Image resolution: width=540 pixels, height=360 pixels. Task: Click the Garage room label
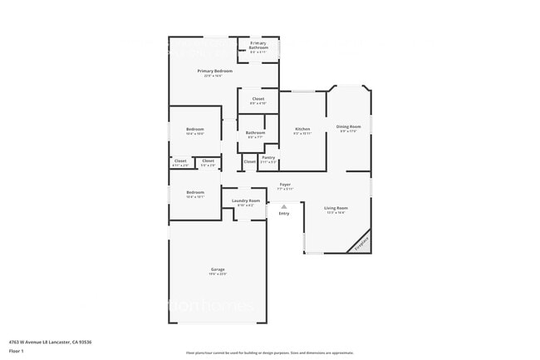coord(218,270)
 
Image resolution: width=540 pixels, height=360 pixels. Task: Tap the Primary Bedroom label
coord(214,72)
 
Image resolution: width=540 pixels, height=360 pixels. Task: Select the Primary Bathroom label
coord(258,47)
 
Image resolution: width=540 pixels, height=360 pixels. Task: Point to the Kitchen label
coord(302,131)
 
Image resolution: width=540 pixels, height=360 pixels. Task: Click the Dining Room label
coord(349,128)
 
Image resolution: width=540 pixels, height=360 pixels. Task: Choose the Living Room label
coord(336,209)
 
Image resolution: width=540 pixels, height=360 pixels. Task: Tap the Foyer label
coord(285,185)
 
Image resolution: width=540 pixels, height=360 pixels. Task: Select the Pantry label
coord(268,158)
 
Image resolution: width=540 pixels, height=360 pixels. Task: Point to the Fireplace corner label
coord(360,242)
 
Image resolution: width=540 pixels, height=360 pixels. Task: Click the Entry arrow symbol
coord(284,206)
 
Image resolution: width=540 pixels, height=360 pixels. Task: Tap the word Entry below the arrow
coord(284,214)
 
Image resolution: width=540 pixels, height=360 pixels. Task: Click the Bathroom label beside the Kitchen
coord(255,134)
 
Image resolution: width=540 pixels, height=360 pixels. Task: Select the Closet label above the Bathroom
coord(258,101)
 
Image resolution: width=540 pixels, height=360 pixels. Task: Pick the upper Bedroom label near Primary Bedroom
coord(195,131)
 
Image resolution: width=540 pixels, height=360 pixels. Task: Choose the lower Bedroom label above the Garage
coord(195,194)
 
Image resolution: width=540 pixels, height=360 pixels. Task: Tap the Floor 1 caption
coord(17,352)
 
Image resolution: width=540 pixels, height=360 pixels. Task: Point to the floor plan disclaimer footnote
coord(269,353)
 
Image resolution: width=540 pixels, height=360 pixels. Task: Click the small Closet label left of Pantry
coord(249,161)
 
